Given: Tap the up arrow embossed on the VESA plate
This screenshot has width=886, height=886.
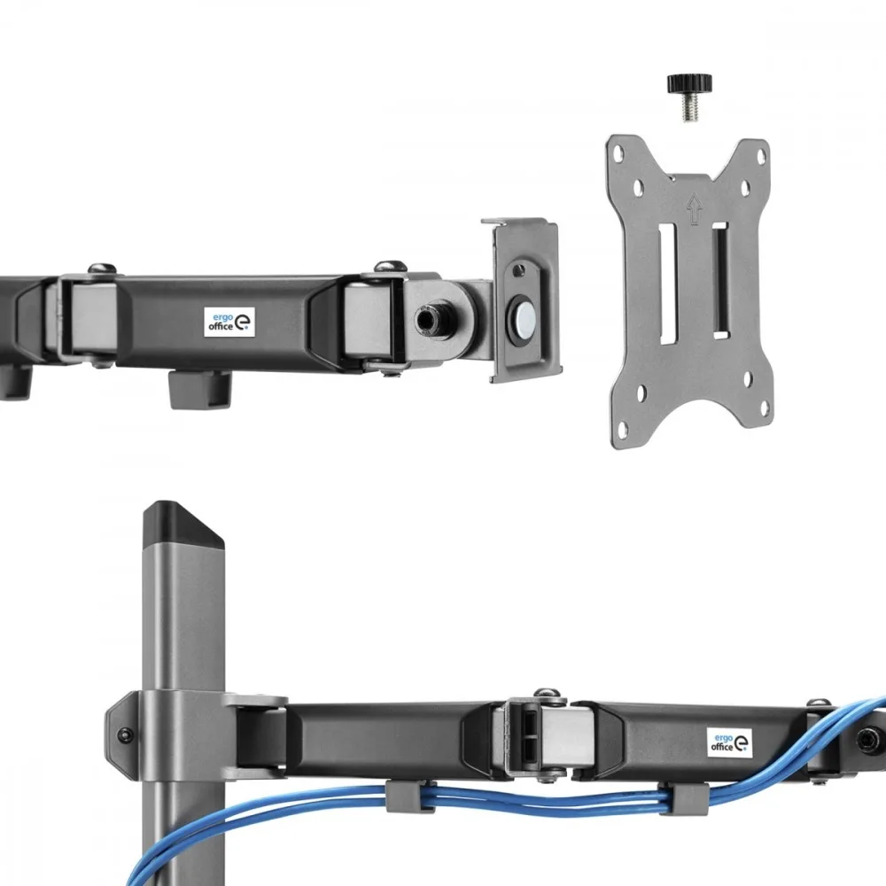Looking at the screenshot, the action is pyautogui.click(x=694, y=209).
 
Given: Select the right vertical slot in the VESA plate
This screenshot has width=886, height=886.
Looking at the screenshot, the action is pyautogui.click(x=720, y=281).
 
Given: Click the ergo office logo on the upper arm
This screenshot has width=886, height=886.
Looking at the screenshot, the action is pyautogui.click(x=229, y=322).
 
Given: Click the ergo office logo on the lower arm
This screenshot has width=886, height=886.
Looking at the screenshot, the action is pyautogui.click(x=730, y=742).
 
